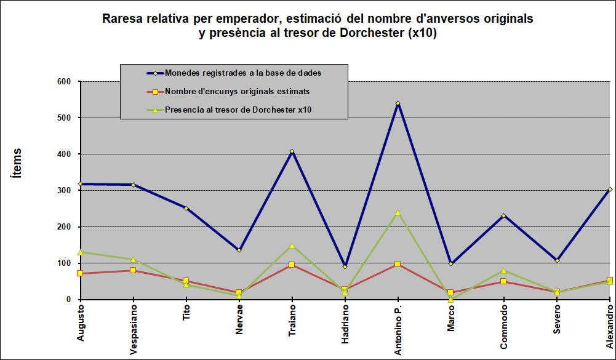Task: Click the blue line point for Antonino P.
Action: click(398, 103)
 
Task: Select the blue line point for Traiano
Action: click(292, 151)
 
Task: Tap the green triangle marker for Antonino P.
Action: click(398, 212)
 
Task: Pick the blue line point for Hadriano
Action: click(345, 266)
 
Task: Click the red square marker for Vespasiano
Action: click(133, 270)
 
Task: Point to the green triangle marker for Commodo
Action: click(503, 270)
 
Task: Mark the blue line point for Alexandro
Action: click(609, 190)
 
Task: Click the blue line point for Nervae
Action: click(239, 250)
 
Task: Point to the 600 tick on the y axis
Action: click(64, 81)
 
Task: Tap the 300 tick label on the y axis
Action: click(64, 190)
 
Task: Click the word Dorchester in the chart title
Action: click(372, 34)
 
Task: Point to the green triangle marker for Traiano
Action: click(292, 245)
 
